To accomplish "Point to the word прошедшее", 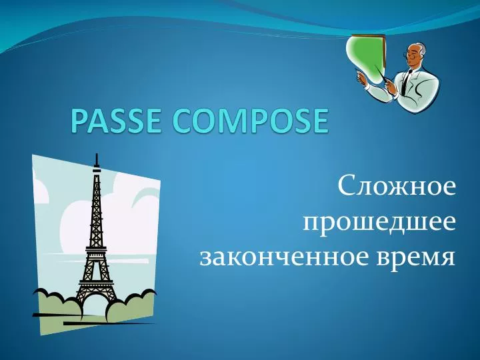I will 380,221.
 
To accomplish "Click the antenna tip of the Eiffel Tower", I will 97,158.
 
